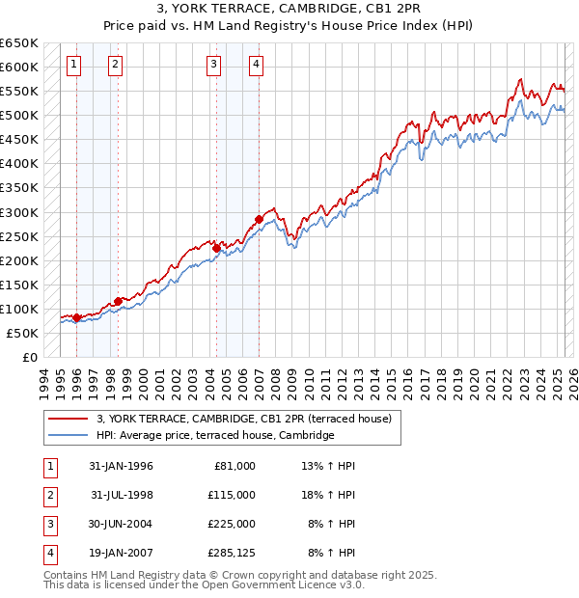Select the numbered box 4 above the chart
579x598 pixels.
pyautogui.click(x=256, y=65)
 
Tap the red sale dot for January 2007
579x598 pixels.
pyautogui.click(x=259, y=219)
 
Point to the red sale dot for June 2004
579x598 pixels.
pyautogui.click(x=216, y=248)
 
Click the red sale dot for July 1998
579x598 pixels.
pyautogui.click(x=118, y=301)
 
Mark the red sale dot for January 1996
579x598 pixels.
pyautogui.click(x=76, y=317)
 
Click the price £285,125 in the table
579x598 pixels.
pyautogui.click(x=231, y=554)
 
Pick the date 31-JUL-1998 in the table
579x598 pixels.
pyautogui.click(x=123, y=495)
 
